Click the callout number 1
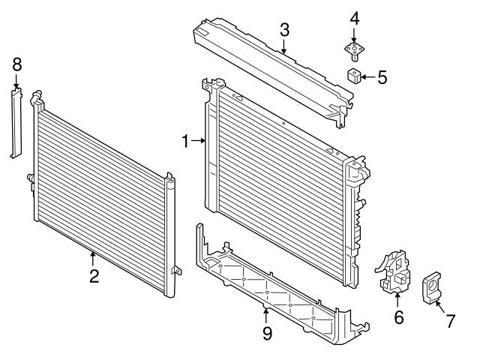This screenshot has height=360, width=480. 187,139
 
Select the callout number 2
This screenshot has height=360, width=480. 94,276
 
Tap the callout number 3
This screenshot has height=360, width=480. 284,31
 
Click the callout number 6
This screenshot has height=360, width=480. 398,317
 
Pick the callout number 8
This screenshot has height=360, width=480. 16,64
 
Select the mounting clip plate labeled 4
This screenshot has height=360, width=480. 355,50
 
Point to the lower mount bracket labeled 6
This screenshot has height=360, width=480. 395,276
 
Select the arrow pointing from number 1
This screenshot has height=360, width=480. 199,139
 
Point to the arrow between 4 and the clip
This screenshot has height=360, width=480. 355,34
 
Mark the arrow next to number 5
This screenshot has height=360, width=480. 369,76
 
